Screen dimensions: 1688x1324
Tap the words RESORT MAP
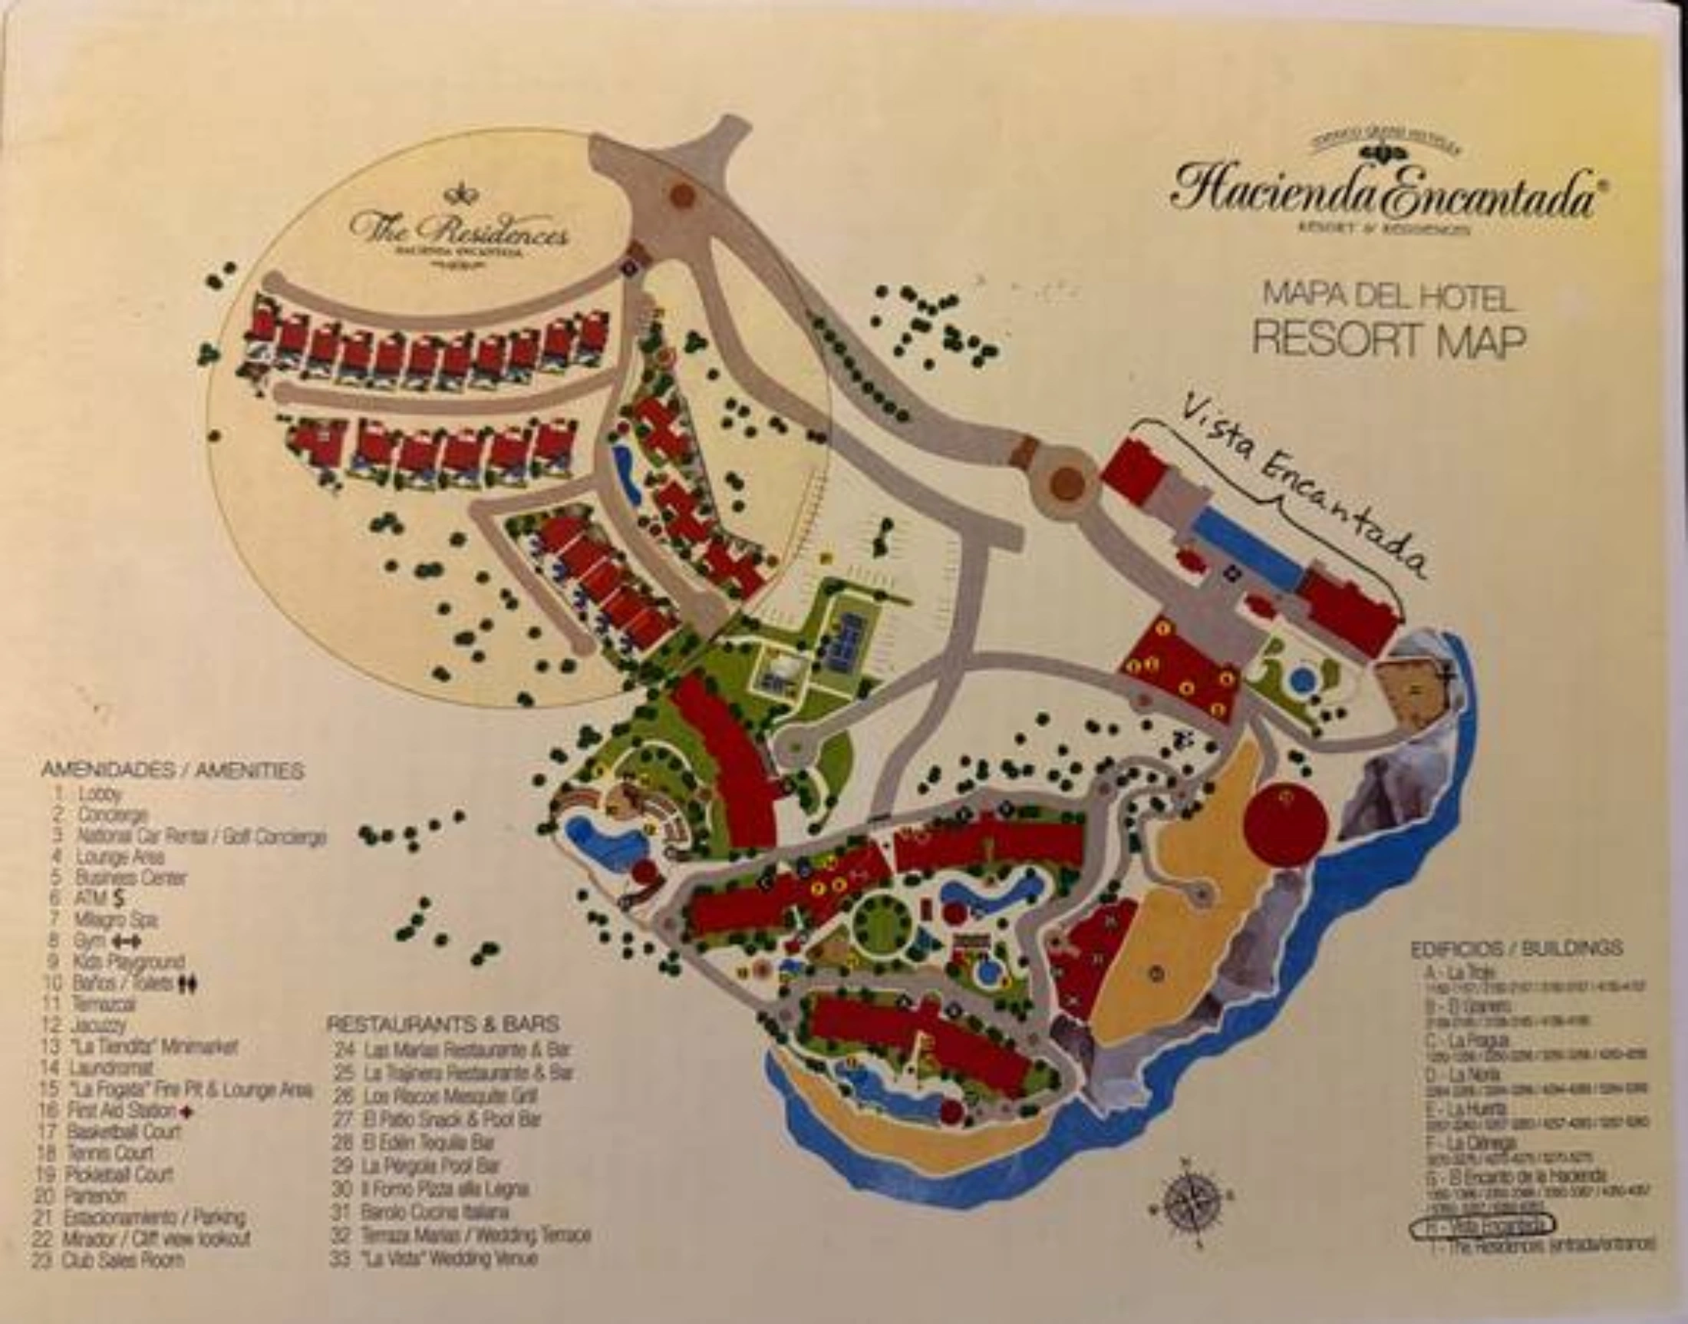(1388, 339)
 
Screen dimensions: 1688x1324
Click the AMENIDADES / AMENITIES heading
(172, 771)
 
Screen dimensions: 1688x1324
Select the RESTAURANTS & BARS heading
(443, 1024)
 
